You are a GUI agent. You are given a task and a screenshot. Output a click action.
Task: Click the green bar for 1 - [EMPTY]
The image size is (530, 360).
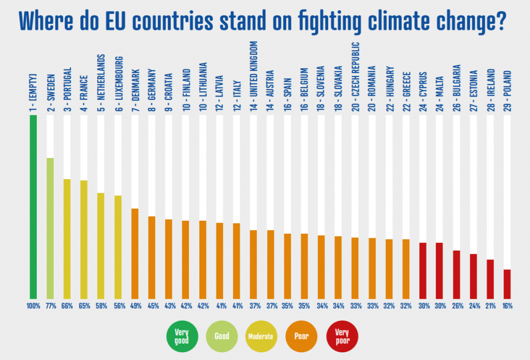[x=33, y=207]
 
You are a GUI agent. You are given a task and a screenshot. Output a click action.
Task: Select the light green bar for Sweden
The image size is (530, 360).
[x=50, y=228]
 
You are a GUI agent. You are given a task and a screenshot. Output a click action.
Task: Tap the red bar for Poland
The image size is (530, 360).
[x=507, y=284]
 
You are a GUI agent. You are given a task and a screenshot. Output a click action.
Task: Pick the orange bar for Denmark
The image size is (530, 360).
[x=135, y=254]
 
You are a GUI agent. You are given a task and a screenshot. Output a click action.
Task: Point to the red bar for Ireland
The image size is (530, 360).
[x=490, y=279]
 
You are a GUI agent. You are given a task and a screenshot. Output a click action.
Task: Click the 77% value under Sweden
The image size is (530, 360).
[x=50, y=306]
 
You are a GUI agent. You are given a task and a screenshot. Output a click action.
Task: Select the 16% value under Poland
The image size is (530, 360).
[x=507, y=306]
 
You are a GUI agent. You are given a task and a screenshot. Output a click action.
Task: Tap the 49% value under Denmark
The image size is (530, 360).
[x=135, y=306]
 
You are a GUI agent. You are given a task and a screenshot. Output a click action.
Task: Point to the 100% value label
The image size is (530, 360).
[x=33, y=306]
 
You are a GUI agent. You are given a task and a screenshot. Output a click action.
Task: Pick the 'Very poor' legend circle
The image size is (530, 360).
[x=342, y=336]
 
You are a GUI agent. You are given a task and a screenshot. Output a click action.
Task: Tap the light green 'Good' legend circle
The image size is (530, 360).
[x=222, y=336]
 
